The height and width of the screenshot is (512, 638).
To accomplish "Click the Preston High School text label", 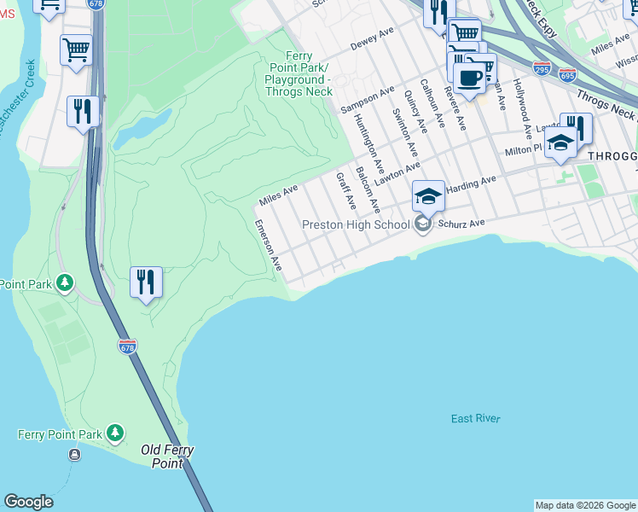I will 356,225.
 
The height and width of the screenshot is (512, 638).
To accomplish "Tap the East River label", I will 476,418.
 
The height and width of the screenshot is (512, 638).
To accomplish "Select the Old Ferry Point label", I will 167,457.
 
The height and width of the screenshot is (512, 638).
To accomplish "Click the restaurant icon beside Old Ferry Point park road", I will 146,282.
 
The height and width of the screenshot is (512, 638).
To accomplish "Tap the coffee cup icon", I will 469,78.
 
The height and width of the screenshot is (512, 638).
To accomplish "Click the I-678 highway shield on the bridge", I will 127,346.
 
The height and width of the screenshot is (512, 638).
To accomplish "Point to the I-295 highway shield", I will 542,65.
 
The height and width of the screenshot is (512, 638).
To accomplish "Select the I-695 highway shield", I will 567,74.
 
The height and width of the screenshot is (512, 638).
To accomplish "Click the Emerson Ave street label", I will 268,246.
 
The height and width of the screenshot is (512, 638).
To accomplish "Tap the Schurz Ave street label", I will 461,223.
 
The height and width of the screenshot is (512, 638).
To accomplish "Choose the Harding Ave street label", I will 470,183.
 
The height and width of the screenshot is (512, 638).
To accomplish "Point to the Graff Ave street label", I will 345,191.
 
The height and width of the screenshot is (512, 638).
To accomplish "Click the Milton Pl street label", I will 523,150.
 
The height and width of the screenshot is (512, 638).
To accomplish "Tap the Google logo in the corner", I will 28,502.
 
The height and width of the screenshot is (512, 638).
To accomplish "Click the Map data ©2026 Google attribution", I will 585,505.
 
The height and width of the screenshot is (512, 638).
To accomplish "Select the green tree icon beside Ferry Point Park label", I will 115,434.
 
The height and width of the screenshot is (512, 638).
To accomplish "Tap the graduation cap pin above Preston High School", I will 428,197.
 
